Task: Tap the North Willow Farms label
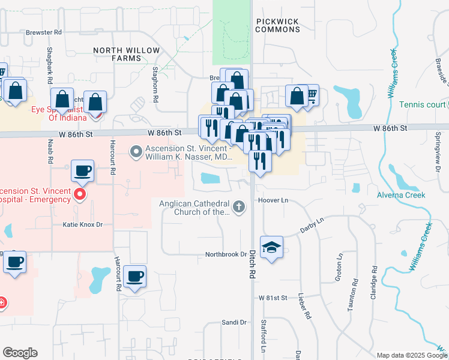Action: (x=126, y=54)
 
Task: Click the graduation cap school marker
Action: (x=271, y=247)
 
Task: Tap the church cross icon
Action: (x=239, y=207)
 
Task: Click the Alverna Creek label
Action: (x=401, y=195)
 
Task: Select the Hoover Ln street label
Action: (x=273, y=200)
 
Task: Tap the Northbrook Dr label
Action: (x=226, y=254)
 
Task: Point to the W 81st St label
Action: (x=274, y=298)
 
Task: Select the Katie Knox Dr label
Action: (x=83, y=224)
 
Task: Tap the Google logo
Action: (x=20, y=353)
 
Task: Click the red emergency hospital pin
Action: (x=79, y=194)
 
